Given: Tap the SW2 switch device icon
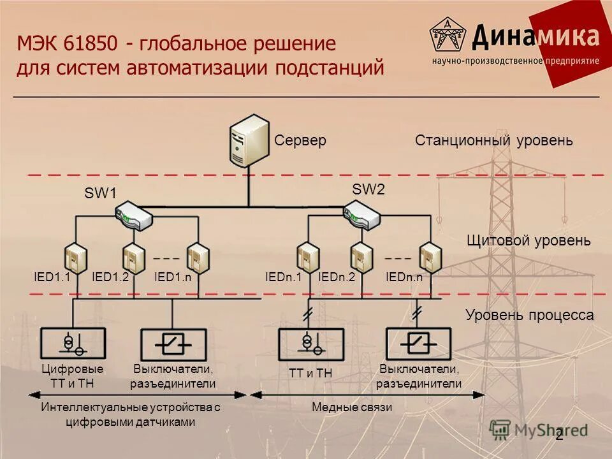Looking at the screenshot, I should click(x=362, y=215).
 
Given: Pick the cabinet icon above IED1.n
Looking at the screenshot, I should click(x=198, y=258).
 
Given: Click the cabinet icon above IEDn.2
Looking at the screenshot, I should click(x=361, y=258).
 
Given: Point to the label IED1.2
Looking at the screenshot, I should click(x=110, y=277).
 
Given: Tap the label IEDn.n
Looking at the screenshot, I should click(x=404, y=277).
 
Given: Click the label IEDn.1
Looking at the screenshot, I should click(x=282, y=277).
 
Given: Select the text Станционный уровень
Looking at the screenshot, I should click(x=494, y=140).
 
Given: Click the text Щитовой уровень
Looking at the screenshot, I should click(x=528, y=241).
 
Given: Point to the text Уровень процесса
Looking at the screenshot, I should click(x=529, y=315).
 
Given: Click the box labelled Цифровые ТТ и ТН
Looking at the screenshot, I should click(x=72, y=344).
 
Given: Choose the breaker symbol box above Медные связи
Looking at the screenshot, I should click(x=418, y=344).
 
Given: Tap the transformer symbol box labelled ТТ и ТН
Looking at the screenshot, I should click(x=310, y=344).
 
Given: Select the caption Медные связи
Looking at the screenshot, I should click(x=352, y=407).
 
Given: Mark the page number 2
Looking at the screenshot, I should click(x=559, y=436).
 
